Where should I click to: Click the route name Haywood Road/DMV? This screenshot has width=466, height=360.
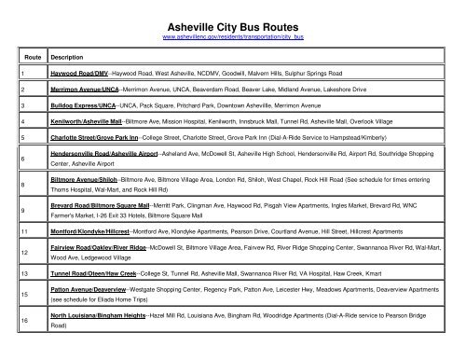(80, 71)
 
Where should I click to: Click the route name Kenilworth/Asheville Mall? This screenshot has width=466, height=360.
(91, 120)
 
